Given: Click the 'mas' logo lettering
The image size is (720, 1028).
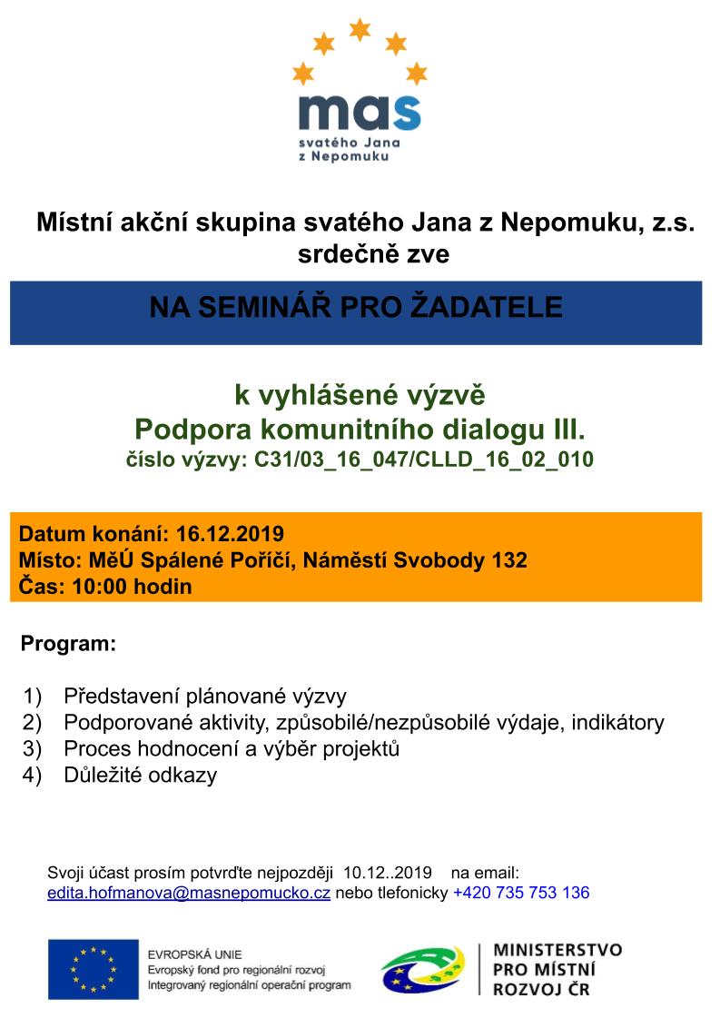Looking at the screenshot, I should tap(359, 112).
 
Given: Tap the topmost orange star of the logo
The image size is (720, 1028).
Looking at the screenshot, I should tap(360, 30).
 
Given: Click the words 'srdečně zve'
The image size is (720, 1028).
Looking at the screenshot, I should tap(373, 255).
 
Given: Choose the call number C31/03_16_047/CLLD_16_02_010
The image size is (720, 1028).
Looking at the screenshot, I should tap(423, 459).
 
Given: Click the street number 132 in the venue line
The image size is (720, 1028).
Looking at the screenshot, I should tap(508, 559).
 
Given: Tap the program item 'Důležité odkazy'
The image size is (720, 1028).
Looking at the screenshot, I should tap(141, 776).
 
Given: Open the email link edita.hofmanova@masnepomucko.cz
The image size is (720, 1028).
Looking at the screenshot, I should tap(189, 893).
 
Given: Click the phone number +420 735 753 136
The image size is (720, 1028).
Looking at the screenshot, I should tap(521, 893).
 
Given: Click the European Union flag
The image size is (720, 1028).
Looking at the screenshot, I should tap(93, 969).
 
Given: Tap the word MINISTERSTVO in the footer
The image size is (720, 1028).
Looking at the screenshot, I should tap(557, 950).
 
